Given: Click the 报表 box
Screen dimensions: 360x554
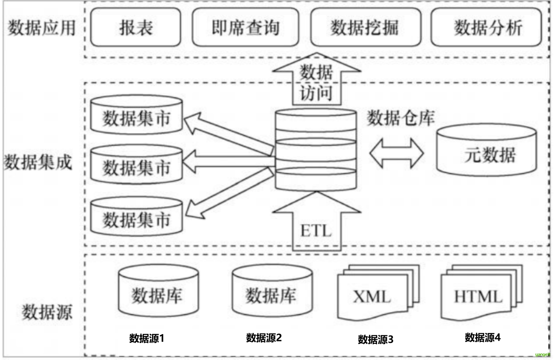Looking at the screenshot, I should tap(135, 28).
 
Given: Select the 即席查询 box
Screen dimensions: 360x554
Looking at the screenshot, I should tap(245, 28).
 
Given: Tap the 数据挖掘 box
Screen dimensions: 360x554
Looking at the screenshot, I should tap(366, 28).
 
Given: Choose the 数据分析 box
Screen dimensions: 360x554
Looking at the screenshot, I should tap(486, 28).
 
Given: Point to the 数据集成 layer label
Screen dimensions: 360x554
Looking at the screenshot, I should tap(38, 162).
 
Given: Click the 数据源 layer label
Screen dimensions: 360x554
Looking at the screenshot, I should tap(47, 312).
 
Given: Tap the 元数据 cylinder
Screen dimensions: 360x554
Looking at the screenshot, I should tap(486, 151).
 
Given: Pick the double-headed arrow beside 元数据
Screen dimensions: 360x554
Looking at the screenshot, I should tap(397, 153).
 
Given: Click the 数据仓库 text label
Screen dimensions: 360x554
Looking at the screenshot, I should tap(401, 118).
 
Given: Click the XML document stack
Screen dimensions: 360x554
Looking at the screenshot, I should tap(377, 294).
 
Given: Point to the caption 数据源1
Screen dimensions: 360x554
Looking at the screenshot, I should tap(147, 338).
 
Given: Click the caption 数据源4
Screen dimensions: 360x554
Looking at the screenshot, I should tap(482, 337).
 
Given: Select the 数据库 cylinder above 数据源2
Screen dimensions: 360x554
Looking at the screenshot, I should tap(272, 292).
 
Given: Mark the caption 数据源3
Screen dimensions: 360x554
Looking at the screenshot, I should tap(376, 339).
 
